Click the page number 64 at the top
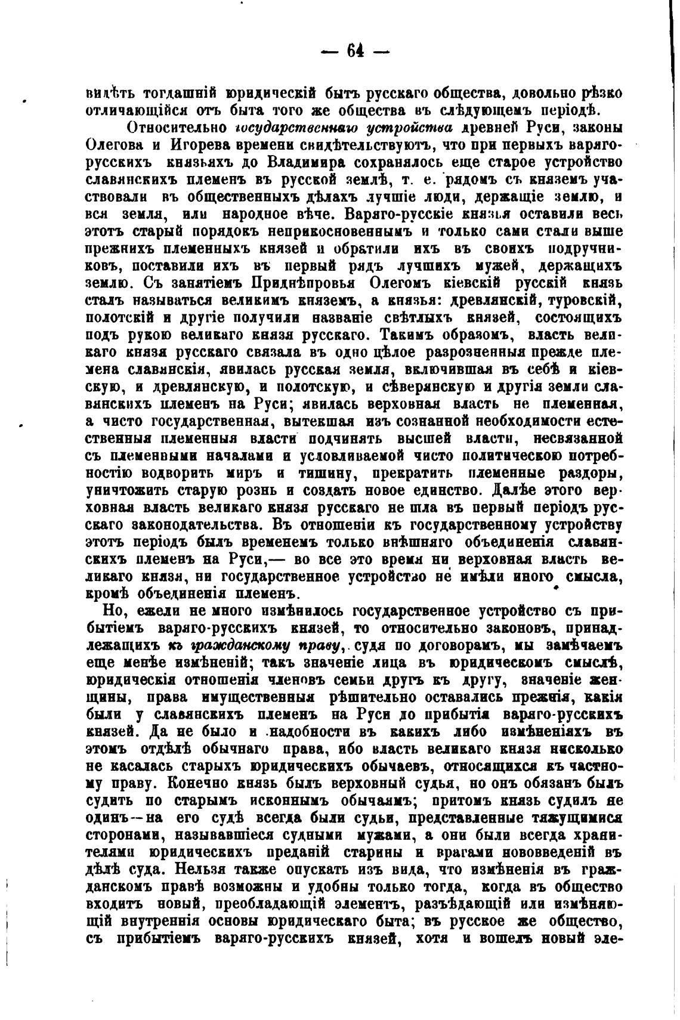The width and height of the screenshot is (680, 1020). coord(355,51)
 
